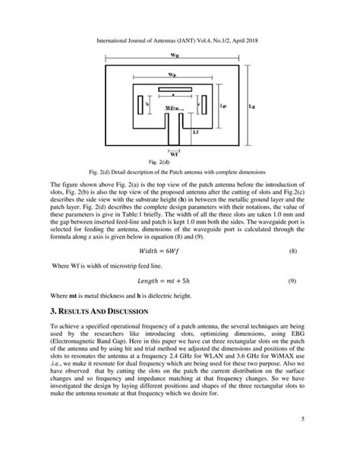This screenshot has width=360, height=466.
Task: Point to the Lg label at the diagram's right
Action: [x=251, y=107]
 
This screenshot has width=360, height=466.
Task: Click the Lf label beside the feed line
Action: [x=197, y=132]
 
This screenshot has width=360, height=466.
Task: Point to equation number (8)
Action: [x=292, y=250]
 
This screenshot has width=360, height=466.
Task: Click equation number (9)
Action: [x=292, y=282]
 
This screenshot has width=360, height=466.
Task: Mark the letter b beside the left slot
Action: [x=135, y=103]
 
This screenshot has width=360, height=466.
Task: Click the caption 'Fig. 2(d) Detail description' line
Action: [x=176, y=172]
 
